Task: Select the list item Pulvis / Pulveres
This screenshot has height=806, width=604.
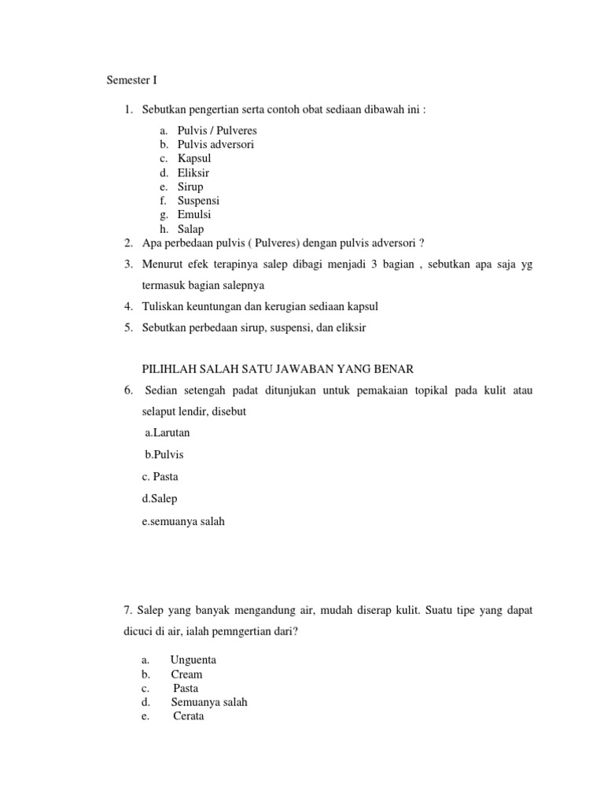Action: click(x=217, y=130)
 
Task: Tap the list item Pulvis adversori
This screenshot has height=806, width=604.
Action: click(x=215, y=144)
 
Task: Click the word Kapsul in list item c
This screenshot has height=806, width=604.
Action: click(x=194, y=158)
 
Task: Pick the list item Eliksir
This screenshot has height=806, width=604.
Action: click(x=193, y=172)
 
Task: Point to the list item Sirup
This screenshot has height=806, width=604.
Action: click(x=190, y=187)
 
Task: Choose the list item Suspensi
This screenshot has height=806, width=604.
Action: click(x=198, y=201)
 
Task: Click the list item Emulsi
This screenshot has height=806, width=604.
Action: click(x=194, y=214)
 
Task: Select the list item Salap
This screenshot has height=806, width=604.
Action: click(x=190, y=228)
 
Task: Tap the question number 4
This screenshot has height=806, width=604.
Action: click(x=127, y=305)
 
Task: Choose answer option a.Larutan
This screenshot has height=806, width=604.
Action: click(x=167, y=432)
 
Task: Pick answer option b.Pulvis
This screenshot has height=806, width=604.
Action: click(x=164, y=454)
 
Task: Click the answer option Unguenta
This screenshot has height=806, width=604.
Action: click(x=193, y=660)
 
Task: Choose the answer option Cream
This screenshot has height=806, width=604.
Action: click(x=186, y=674)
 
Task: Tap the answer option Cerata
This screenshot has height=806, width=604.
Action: click(x=189, y=716)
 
